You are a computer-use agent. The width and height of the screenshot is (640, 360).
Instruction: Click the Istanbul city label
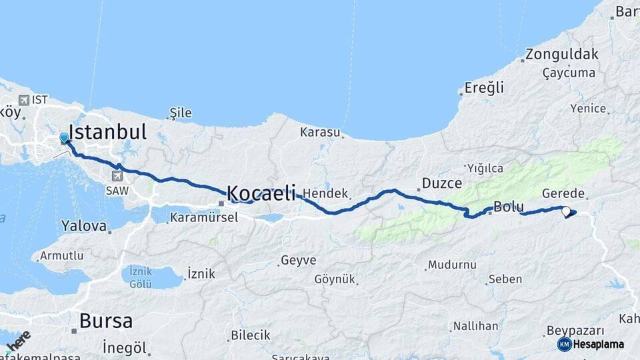(x=107, y=131)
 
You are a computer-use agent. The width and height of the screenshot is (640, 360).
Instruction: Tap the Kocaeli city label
(x=261, y=194)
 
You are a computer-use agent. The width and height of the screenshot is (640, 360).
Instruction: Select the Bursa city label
(x=106, y=321)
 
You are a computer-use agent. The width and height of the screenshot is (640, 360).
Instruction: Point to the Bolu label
(x=509, y=206)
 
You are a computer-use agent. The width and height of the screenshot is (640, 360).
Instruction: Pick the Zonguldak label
(x=561, y=55)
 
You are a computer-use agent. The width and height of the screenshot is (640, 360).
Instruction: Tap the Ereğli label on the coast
(x=484, y=88)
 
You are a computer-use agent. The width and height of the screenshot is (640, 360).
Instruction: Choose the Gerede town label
(x=563, y=193)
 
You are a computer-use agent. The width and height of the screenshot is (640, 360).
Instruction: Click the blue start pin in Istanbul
(x=64, y=138)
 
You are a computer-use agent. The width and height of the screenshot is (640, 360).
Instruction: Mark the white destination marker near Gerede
(x=566, y=211)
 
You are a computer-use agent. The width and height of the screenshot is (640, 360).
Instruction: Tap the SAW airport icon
(x=118, y=176)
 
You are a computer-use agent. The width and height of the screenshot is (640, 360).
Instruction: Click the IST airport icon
(x=24, y=100)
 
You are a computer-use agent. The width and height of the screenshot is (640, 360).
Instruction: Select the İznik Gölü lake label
(x=141, y=277)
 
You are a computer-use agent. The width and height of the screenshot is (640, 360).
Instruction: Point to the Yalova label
(x=84, y=227)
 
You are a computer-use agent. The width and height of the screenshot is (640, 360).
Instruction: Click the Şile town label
(x=181, y=113)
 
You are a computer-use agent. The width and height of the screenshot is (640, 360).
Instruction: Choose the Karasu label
(x=320, y=132)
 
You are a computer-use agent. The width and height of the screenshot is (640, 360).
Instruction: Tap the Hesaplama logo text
(x=598, y=344)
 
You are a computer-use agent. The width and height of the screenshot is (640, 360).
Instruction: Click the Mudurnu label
(x=452, y=265)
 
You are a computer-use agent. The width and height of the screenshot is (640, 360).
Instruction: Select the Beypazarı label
(x=575, y=331)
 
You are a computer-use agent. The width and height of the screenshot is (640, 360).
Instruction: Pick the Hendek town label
(x=325, y=194)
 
